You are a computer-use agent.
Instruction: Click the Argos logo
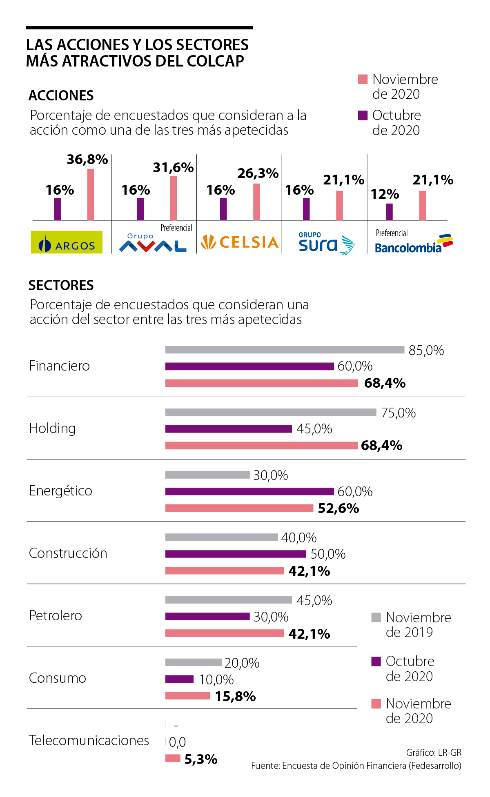click(x=67, y=242)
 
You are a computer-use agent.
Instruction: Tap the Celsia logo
click(x=240, y=242)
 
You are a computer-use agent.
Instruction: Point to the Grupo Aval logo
click(x=153, y=244)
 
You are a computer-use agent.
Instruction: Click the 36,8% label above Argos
click(x=87, y=160)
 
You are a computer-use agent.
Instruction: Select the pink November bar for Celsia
click(x=256, y=202)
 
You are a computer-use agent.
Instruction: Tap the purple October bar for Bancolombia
click(x=389, y=212)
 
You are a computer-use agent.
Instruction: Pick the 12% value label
click(x=385, y=194)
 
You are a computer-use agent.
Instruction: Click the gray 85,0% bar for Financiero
click(x=285, y=350)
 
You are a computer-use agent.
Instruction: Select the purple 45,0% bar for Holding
click(x=229, y=429)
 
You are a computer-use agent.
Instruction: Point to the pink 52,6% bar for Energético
click(x=239, y=508)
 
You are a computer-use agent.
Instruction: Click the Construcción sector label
click(x=68, y=553)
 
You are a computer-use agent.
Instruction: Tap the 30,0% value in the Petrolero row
click(x=271, y=617)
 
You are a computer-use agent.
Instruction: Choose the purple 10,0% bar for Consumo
click(x=179, y=679)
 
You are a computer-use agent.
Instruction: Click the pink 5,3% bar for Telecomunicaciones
click(x=173, y=758)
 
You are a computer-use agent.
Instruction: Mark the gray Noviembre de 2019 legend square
click(x=376, y=617)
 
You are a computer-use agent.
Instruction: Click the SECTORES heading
click(x=61, y=285)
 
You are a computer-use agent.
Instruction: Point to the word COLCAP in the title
click(x=215, y=61)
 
